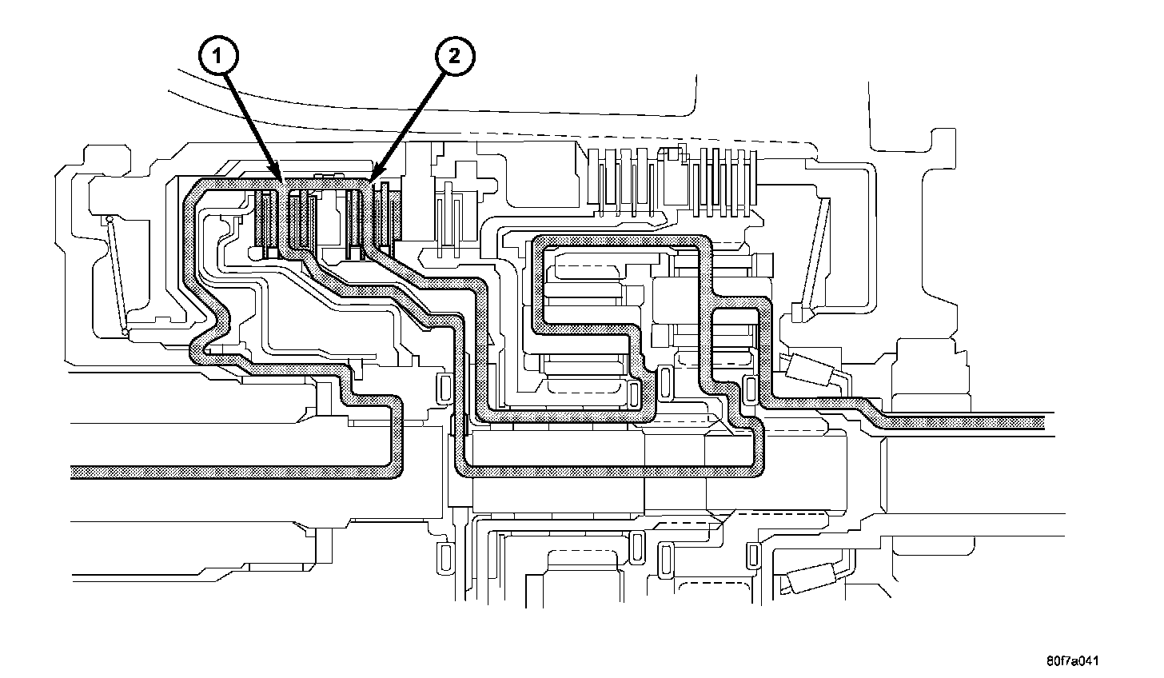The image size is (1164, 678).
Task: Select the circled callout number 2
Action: click(x=453, y=57)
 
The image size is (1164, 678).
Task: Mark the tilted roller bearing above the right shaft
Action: click(x=811, y=370)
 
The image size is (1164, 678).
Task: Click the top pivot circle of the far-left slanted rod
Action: click(x=109, y=218)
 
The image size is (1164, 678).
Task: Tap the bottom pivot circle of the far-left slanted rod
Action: click(x=126, y=332)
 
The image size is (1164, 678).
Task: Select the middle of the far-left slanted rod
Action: click(x=118, y=275)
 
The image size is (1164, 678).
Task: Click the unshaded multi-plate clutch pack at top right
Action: click(x=672, y=181)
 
